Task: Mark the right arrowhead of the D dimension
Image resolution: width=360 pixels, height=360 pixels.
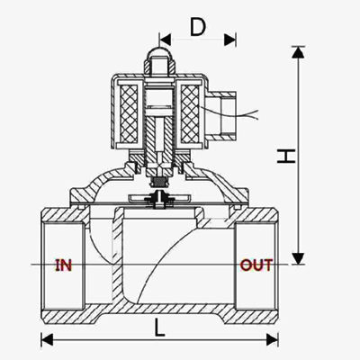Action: click(232, 39)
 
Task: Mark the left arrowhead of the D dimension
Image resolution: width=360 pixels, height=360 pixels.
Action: click(164, 39)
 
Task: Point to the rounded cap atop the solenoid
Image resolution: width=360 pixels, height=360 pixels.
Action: click(159, 59)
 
